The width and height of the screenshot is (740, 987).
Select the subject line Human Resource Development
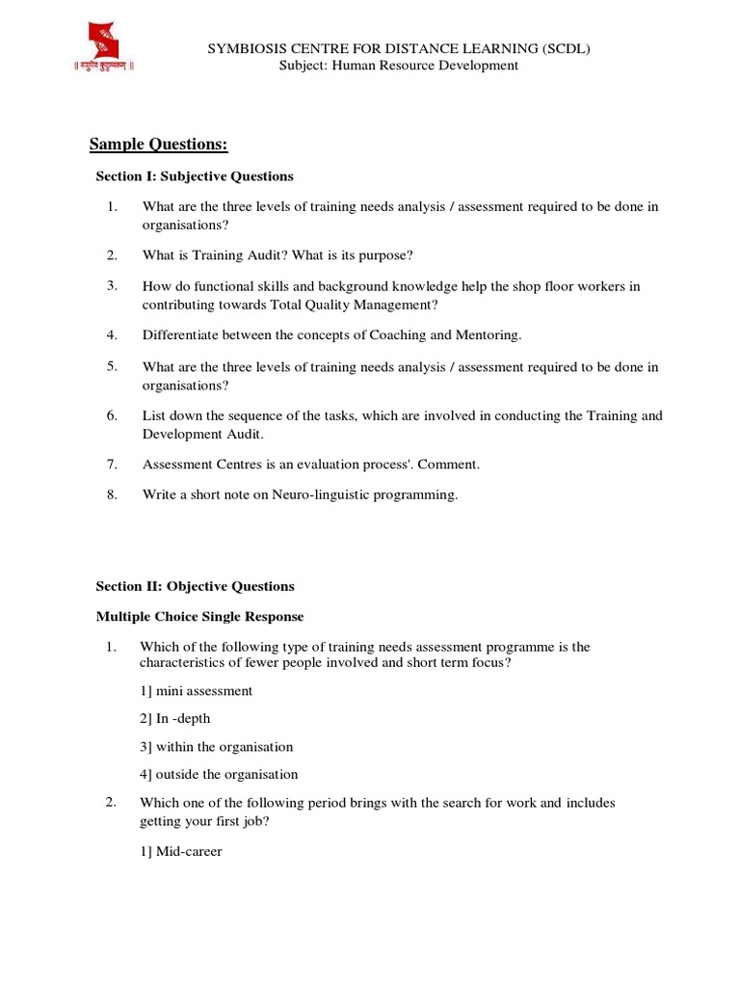pyautogui.click(x=398, y=66)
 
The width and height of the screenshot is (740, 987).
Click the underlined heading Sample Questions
pyautogui.click(x=158, y=145)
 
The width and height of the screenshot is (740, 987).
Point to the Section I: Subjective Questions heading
pyautogui.click(x=195, y=176)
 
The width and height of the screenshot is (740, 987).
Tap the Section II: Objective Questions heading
pyautogui.click(x=195, y=586)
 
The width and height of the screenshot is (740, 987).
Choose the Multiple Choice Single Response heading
pyautogui.click(x=199, y=617)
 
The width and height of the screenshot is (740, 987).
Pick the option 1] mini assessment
pyautogui.click(x=197, y=691)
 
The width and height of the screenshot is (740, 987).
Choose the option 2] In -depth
pyautogui.click(x=174, y=718)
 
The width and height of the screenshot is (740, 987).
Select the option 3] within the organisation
pyautogui.click(x=217, y=747)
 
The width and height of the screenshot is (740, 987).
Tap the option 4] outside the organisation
pyautogui.click(x=219, y=774)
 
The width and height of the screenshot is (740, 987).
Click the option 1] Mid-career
pyautogui.click(x=181, y=851)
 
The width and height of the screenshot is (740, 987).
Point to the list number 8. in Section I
pyautogui.click(x=112, y=495)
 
